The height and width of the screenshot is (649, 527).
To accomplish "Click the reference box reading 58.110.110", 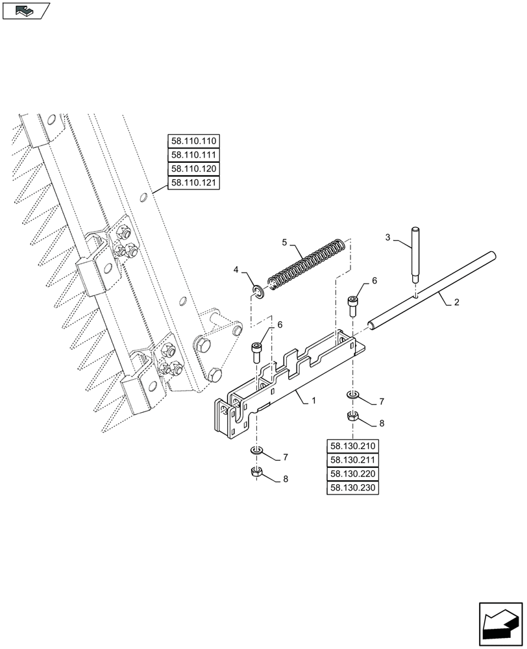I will tap(194, 141).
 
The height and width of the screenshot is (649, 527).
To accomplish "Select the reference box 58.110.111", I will tap(194, 155).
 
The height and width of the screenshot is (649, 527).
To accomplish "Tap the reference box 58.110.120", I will tap(194, 169).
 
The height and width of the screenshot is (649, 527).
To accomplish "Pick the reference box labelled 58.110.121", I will tap(194, 183).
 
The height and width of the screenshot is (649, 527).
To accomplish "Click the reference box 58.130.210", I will tap(353, 447).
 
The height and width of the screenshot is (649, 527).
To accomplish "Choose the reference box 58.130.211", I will tap(353, 461).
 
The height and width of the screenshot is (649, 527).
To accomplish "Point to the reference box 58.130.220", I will tap(353, 474).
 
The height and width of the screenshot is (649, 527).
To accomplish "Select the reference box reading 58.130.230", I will tap(353, 489).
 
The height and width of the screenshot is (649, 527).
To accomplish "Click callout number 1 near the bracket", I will tap(313, 402).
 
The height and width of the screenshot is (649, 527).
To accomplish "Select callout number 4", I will tap(237, 269).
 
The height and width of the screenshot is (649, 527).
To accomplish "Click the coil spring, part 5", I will tap(305, 266).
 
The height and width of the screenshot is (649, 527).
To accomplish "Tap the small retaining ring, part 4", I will tap(259, 293).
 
